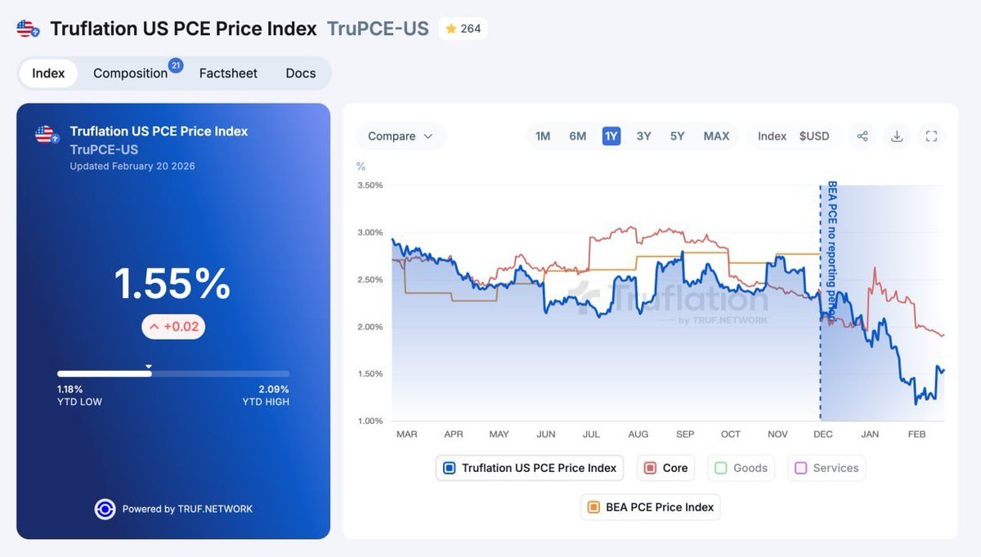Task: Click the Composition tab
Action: (x=131, y=74)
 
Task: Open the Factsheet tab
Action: (x=228, y=74)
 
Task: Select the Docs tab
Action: (x=301, y=74)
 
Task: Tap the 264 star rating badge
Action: (x=463, y=29)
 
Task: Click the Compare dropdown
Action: (x=400, y=136)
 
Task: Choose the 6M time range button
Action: (x=578, y=136)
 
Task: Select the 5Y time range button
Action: (x=677, y=136)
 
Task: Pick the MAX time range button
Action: (x=716, y=136)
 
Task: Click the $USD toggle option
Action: (x=814, y=136)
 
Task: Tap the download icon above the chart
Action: (x=897, y=136)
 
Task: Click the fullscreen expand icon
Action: (x=931, y=136)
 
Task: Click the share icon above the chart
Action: (x=862, y=136)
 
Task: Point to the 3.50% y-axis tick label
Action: (x=370, y=185)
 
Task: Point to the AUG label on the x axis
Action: (x=638, y=434)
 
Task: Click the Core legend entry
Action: (x=665, y=468)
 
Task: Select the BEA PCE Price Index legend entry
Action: (x=651, y=507)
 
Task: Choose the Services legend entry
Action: (x=826, y=468)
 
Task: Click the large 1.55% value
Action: (x=172, y=284)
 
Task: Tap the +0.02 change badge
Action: (x=173, y=327)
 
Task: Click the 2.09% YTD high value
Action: (x=274, y=390)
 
